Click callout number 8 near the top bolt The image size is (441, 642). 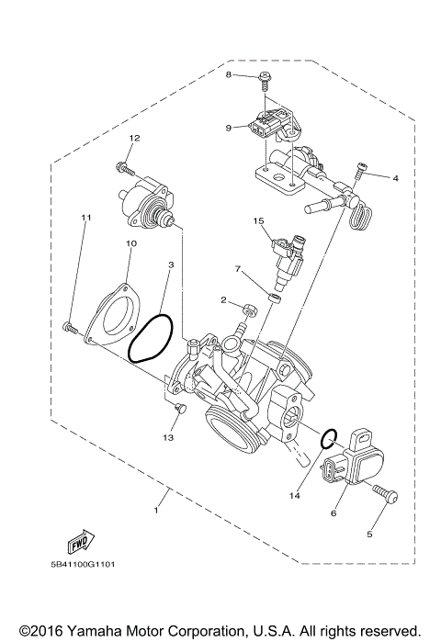click(229, 74)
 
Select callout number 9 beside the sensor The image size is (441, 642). click(229, 128)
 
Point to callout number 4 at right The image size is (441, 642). click(395, 177)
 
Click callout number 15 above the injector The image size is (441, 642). click(259, 221)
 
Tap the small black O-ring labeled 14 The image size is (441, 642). click(327, 439)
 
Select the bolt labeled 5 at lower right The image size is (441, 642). click(385, 496)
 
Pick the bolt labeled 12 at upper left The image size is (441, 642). click(122, 166)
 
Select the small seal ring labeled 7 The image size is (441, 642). click(273, 297)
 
